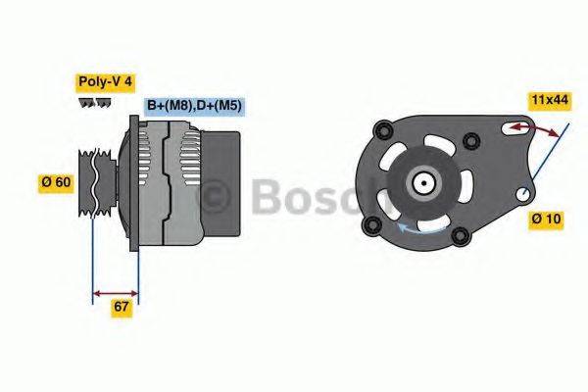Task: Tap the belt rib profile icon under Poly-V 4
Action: coord(93,102)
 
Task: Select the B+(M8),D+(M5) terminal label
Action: coord(194,105)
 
